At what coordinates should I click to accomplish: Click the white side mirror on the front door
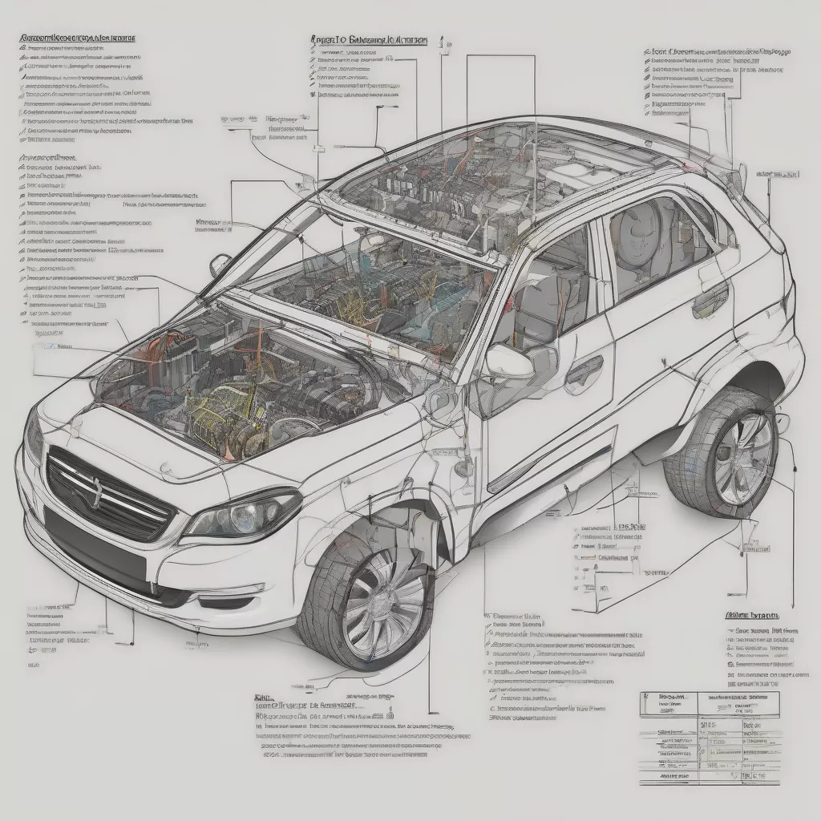pos(510,362)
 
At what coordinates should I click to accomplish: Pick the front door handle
pos(583,370)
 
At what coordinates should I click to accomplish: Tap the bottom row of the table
pos(710,777)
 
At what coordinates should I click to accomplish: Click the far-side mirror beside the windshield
pos(219,264)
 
